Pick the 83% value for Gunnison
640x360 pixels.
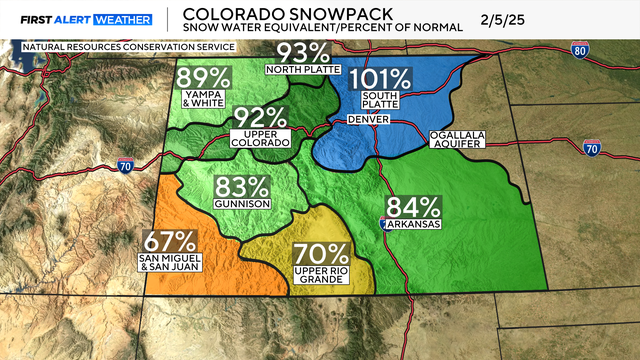click(x=242, y=185)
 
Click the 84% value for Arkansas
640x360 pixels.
click(x=415, y=208)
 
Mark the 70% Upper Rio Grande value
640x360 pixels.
click(x=321, y=255)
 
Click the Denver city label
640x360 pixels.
click(x=366, y=120)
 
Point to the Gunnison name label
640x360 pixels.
click(x=242, y=204)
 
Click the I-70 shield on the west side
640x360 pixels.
click(x=124, y=165)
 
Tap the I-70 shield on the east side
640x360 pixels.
click(x=591, y=148)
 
